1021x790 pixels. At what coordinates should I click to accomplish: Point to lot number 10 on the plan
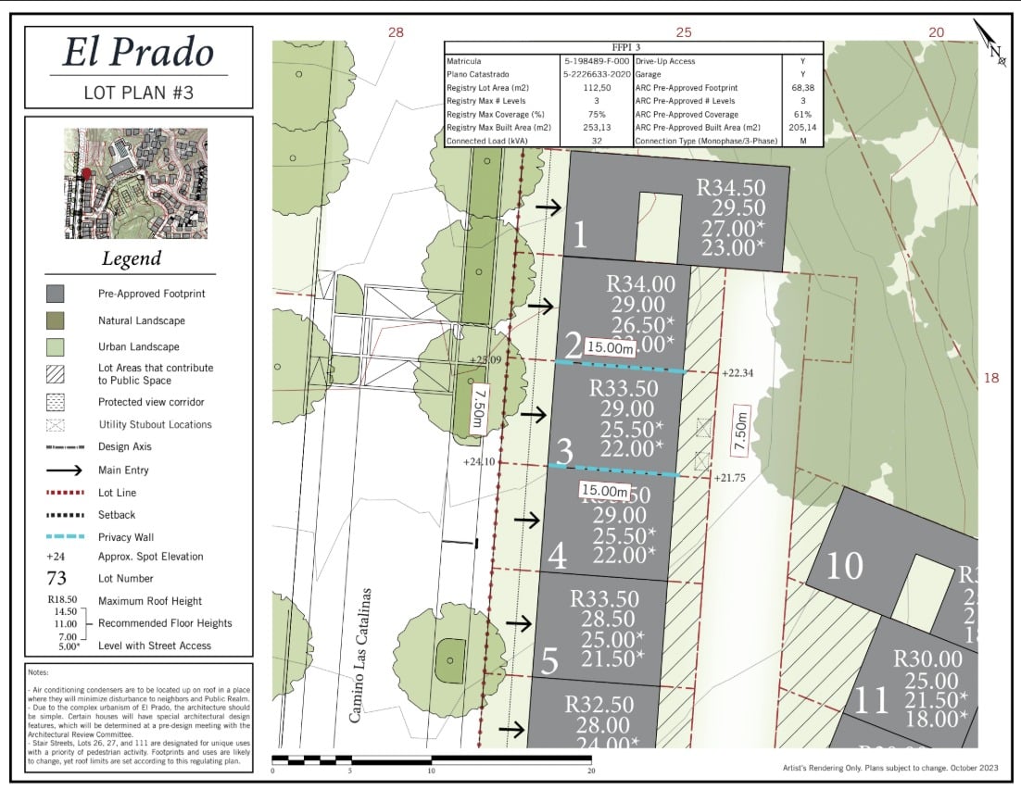843,566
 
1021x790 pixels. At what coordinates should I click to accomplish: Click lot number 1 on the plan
580,235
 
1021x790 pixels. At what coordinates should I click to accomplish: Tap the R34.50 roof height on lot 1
731,190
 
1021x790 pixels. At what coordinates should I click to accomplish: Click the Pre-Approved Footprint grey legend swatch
56,294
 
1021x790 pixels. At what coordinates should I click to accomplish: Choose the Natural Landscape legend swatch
56,320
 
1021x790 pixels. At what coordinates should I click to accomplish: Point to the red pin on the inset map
87,173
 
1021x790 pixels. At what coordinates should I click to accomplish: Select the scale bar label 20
590,770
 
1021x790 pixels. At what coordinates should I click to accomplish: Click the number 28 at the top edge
397,32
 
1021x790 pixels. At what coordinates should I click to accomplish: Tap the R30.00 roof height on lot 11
926,658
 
